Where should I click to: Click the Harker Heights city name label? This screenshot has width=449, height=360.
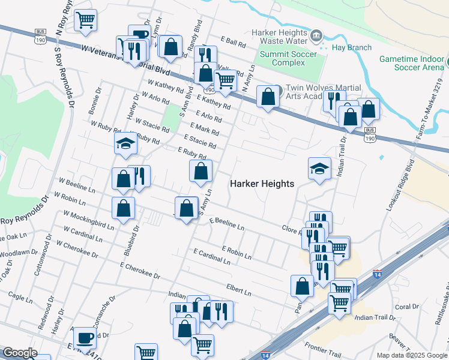pos(262,184)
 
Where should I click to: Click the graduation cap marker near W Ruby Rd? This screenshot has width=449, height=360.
pos(125,143)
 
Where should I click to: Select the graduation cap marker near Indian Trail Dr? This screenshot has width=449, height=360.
pos(319,169)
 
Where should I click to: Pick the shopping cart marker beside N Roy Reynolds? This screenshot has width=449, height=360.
pos(86,19)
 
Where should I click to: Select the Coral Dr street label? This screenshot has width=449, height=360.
pos(407,307)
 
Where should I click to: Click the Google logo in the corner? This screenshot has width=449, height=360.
pos(20,353)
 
